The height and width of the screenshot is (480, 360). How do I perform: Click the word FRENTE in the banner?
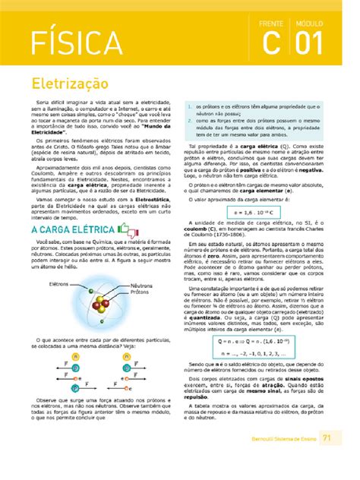coord(271,24)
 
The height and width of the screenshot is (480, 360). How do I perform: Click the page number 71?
coord(327,458)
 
